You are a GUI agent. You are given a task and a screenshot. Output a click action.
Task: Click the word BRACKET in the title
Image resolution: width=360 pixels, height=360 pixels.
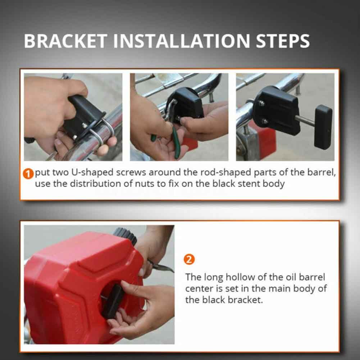pyautogui.click(x=65, y=41)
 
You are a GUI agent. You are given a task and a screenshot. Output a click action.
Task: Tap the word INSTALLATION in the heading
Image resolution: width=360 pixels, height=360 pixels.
pyautogui.click(x=181, y=41)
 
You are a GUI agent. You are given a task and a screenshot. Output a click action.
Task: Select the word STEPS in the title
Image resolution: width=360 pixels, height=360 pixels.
pyautogui.click(x=283, y=41)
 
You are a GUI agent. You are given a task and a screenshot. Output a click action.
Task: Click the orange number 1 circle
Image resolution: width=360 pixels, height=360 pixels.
pyautogui.click(x=28, y=174)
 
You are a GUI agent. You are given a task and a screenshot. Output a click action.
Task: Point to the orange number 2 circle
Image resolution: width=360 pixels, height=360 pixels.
pyautogui.click(x=189, y=259)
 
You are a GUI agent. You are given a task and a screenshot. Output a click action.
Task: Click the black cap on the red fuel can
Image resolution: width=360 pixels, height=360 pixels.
pyautogui.click(x=126, y=235)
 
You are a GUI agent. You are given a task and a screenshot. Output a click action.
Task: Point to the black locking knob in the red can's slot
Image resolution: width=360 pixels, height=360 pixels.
pyautogui.click(x=113, y=301)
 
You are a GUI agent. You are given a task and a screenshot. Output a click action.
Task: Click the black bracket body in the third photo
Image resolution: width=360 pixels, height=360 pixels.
pyautogui.click(x=277, y=110)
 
